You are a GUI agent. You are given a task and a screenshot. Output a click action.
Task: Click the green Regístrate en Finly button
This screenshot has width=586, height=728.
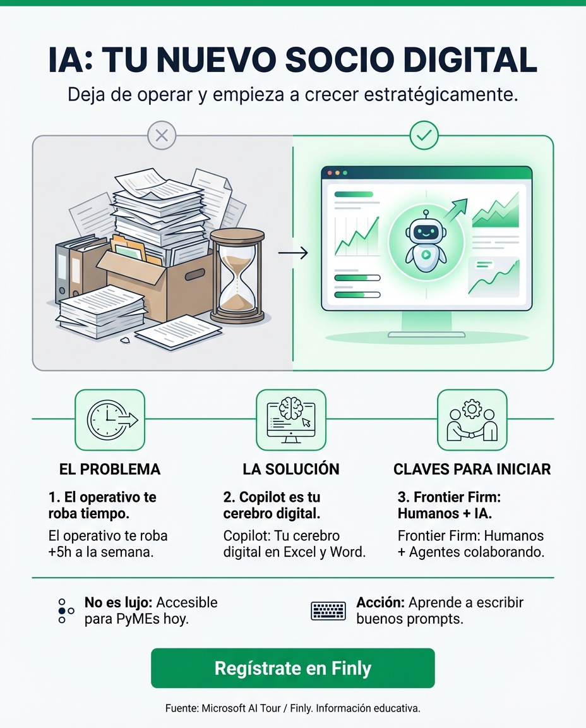tap(292, 668)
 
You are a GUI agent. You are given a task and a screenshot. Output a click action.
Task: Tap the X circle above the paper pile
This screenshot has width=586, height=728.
tap(161, 135)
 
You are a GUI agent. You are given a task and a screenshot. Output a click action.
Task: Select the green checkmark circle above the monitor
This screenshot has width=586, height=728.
tap(424, 135)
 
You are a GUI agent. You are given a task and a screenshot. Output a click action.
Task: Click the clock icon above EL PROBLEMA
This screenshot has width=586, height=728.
tap(110, 420)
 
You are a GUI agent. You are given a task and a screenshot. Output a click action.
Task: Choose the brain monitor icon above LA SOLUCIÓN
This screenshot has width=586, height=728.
tap(290, 420)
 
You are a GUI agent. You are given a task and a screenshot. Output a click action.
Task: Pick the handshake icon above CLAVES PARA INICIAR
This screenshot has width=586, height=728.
tap(472, 420)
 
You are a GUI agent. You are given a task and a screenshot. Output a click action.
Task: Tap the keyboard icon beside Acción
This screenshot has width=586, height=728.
tap(328, 610)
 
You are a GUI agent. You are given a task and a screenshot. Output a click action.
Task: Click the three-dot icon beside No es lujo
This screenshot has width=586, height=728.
tap(65, 610)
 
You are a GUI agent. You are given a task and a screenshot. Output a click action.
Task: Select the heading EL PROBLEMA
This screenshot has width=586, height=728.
tap(109, 469)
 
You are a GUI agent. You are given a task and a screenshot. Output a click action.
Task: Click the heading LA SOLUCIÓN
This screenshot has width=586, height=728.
tap(290, 469)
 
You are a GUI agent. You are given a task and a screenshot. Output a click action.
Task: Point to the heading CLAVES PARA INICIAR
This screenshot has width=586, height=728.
tap(472, 469)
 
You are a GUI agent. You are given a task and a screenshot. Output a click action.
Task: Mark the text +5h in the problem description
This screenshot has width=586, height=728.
tap(61, 551)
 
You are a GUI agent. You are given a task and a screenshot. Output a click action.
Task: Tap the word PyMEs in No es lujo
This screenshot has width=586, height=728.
tap(138, 619)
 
